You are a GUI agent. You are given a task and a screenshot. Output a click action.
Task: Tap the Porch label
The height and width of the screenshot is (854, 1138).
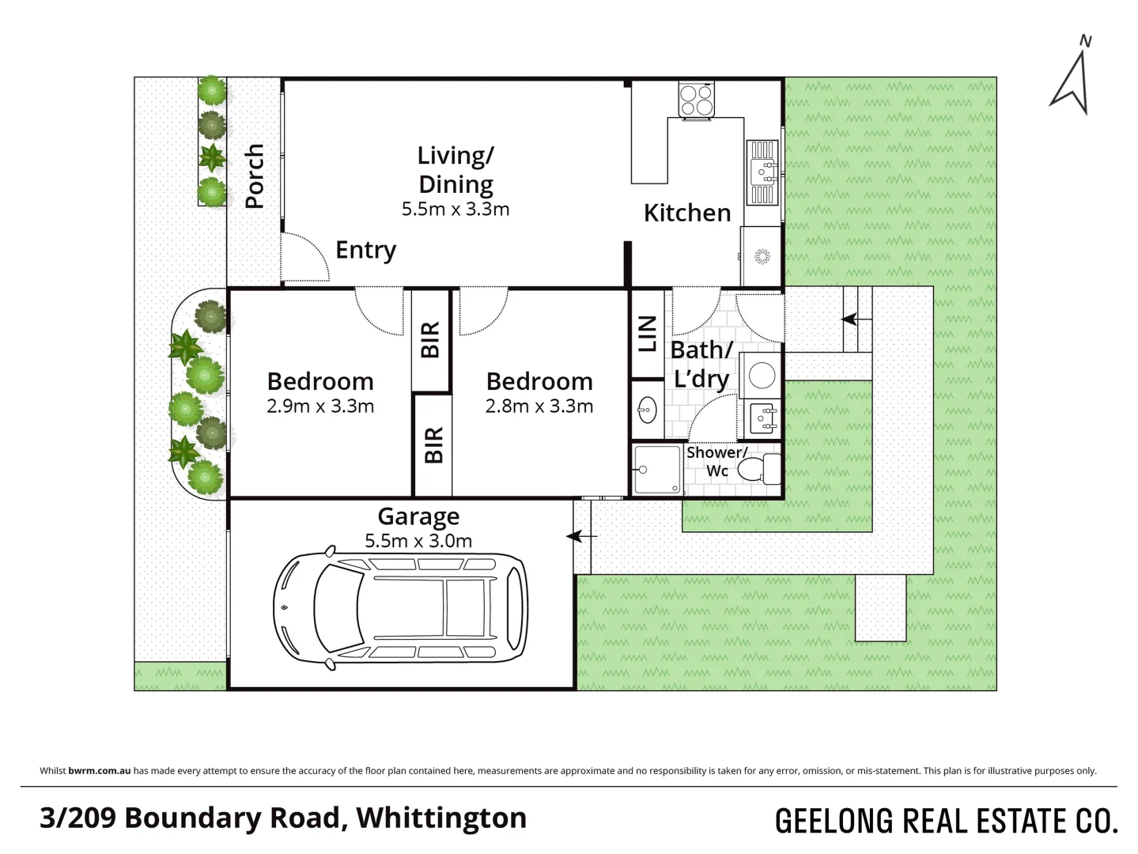coord(254,176)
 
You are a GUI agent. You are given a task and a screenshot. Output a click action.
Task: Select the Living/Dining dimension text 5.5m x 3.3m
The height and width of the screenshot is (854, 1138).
coord(455,210)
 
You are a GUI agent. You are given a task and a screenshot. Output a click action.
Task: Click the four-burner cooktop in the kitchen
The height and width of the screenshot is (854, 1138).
coord(696,100)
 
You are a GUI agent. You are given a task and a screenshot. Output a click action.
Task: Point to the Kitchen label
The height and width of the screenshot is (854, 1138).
coord(686,213)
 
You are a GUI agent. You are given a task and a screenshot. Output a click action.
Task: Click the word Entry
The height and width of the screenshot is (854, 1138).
coord(365,250)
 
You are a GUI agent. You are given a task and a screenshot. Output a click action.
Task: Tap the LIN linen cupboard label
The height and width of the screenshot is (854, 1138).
coord(647,333)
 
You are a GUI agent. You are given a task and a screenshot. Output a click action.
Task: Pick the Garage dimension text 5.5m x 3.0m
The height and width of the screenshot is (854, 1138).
coord(418,542)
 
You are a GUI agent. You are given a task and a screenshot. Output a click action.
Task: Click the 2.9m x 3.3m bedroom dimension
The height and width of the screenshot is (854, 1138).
coord(320,406)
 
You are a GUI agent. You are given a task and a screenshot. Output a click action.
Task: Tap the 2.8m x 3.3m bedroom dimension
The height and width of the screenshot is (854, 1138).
coord(539,406)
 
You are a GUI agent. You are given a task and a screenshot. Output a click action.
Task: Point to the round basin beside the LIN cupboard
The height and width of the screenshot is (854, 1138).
coord(647,410)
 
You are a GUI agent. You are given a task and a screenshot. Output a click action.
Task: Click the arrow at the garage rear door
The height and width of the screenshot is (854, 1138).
coord(582,537)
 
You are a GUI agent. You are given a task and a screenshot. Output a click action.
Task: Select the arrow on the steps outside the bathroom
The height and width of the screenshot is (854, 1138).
coord(850,319)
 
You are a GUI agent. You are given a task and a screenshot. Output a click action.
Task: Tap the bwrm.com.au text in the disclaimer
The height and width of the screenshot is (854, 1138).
coord(100,771)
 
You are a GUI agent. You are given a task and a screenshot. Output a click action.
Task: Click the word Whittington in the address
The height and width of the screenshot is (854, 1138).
coord(441,818)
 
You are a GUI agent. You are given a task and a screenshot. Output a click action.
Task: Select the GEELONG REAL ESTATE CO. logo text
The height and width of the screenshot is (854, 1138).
coord(946,821)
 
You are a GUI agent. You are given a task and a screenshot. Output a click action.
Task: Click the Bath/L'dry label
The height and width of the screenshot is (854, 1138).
coord(701,364)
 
